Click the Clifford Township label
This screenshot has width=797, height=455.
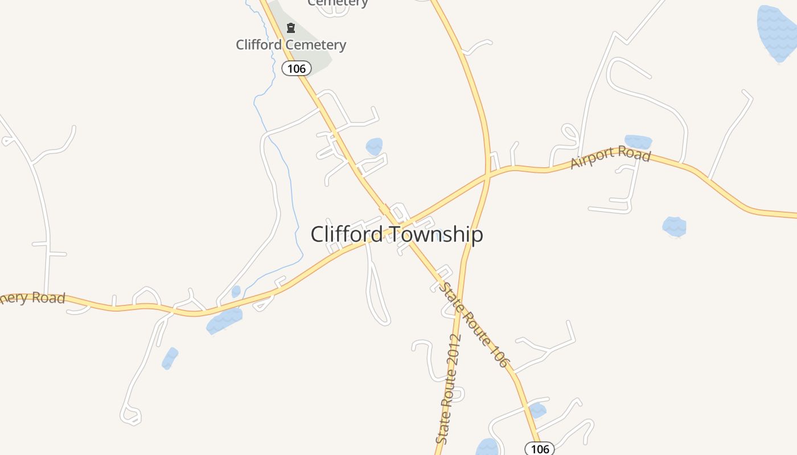pyautogui.click(x=397, y=234)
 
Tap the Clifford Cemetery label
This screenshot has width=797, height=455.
pyautogui.click(x=291, y=44)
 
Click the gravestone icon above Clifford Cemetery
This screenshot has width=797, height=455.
pyautogui.click(x=291, y=28)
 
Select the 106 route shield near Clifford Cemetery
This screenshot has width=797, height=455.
pyautogui.click(x=297, y=69)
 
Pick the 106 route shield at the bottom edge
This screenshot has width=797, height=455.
pyautogui.click(x=539, y=449)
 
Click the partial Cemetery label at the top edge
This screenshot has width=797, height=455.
pyautogui.click(x=338, y=3)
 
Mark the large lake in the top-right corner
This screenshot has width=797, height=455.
pyautogui.click(x=777, y=33)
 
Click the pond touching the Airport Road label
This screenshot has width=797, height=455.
pyautogui.click(x=638, y=141)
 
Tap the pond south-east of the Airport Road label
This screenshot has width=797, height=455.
pyautogui.click(x=675, y=226)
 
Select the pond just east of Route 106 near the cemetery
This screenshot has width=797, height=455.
pyautogui.click(x=374, y=146)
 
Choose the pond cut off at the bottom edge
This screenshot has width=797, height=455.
pyautogui.click(x=487, y=448)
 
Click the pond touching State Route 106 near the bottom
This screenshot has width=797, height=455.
pyautogui.click(x=537, y=410)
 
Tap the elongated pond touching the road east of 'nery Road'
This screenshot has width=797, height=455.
pyautogui.click(x=224, y=321)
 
